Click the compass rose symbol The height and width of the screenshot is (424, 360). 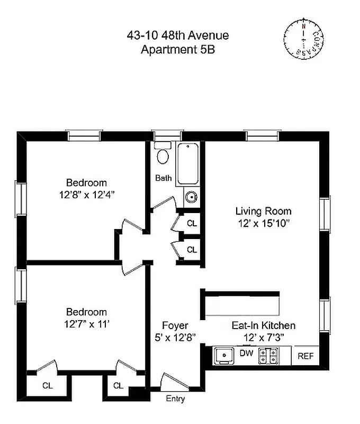pos(303,39)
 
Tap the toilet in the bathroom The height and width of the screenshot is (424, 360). pos(163,155)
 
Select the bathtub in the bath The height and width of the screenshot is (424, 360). pos(188,164)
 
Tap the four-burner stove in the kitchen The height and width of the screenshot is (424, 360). pos(268,356)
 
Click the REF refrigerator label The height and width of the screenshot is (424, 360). pos(305,356)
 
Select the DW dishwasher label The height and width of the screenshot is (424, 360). pos(246,353)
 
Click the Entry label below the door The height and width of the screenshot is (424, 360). pos(175,399)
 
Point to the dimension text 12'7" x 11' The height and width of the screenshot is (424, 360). pos(86,324)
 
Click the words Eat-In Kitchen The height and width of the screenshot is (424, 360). pos(263,325)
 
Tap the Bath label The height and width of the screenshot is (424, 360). pos(163,178)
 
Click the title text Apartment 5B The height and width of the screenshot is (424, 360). pos(178,50)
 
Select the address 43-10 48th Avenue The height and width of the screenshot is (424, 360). pos(178,36)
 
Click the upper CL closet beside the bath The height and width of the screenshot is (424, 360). pos(192,224)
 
